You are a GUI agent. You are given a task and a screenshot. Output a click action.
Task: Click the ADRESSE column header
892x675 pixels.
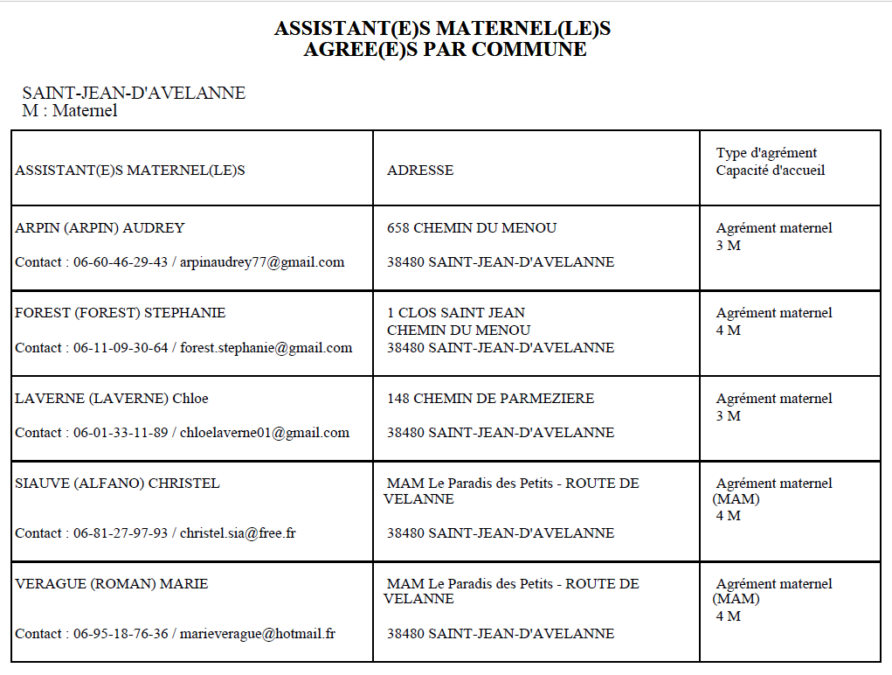click(420, 170)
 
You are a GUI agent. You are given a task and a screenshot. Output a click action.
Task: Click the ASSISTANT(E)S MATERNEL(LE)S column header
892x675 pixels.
click(130, 170)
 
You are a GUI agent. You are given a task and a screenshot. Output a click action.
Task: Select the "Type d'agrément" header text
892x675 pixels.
click(766, 153)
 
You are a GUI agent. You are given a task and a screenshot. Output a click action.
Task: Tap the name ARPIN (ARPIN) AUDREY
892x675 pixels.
click(100, 228)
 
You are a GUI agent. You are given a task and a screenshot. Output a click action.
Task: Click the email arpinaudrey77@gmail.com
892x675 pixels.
click(262, 262)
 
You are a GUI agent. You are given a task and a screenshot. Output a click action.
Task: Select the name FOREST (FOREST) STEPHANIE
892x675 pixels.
click(120, 313)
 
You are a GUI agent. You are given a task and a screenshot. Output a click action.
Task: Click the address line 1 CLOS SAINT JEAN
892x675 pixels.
click(456, 313)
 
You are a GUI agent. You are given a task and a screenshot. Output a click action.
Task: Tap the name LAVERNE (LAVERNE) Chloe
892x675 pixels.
click(112, 399)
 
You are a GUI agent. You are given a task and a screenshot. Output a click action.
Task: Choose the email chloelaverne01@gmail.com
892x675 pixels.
click(265, 433)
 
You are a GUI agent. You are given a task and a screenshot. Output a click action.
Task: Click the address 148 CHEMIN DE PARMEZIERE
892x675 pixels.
click(490, 399)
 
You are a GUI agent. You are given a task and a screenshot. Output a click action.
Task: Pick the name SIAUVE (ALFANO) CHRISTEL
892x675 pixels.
click(117, 484)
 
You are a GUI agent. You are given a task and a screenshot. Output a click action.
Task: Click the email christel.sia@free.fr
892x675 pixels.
click(238, 533)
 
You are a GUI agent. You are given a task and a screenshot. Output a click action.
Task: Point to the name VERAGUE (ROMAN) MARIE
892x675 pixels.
click(111, 584)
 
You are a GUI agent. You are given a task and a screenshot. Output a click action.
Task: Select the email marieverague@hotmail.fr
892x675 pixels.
click(258, 634)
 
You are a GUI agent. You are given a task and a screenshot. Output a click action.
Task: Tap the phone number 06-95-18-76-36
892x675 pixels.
click(121, 634)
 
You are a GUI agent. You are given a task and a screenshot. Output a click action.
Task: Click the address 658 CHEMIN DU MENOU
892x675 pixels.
click(472, 228)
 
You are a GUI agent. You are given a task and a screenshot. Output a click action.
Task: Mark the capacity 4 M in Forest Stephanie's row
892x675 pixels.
click(728, 331)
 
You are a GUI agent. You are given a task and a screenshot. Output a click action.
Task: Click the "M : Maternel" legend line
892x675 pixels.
click(69, 111)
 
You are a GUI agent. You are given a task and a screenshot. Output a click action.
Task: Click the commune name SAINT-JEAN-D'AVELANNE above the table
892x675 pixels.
click(134, 94)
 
